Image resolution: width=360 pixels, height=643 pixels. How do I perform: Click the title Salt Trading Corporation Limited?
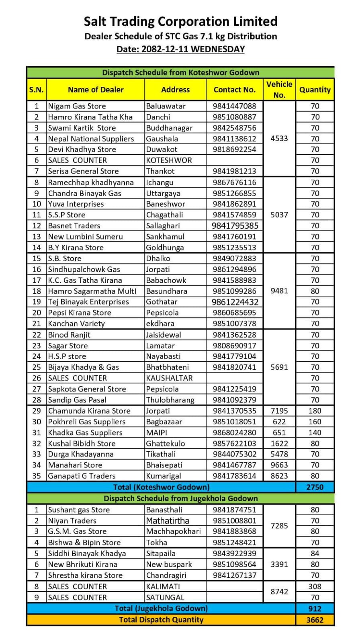click(180, 21)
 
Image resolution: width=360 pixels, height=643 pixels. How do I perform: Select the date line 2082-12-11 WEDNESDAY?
click(180, 49)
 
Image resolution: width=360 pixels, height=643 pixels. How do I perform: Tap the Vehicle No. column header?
click(279, 89)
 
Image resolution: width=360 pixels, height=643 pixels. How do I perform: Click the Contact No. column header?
click(235, 90)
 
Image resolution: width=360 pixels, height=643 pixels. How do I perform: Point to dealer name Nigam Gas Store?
click(77, 106)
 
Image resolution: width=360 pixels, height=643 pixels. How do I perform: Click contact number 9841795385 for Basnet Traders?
click(235, 225)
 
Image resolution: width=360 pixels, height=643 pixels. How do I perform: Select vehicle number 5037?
click(279, 215)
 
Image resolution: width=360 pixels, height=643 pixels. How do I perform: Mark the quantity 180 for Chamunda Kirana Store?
click(315, 411)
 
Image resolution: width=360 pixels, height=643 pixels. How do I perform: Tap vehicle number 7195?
click(279, 411)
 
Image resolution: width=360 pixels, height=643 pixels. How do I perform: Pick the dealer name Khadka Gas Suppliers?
click(85, 432)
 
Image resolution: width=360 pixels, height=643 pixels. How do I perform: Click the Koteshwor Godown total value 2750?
click(315, 487)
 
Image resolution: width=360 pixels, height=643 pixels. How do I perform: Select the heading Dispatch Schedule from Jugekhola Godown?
click(180, 498)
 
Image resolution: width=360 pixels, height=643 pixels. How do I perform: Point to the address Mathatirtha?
click(168, 520)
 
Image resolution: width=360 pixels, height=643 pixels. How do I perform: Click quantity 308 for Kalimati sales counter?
click(315, 586)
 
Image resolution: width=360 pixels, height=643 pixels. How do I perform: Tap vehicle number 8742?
click(279, 592)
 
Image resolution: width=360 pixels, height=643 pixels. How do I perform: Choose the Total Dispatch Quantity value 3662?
click(315, 620)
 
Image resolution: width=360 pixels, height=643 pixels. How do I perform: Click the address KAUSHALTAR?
click(169, 378)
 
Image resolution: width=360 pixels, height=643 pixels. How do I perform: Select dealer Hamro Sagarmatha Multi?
click(92, 291)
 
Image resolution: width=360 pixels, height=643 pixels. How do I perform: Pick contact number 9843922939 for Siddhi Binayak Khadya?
click(235, 553)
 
